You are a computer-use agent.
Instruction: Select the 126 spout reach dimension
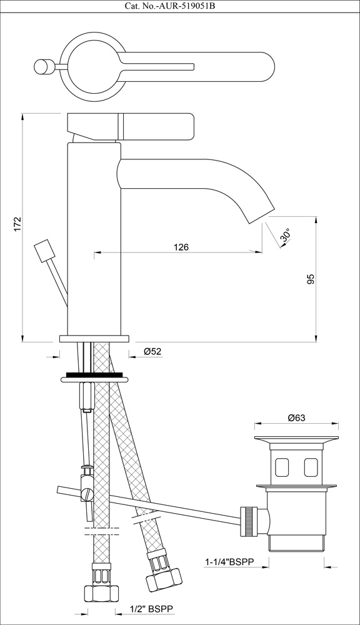[x=181, y=247]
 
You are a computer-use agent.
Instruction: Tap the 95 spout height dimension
[x=311, y=279]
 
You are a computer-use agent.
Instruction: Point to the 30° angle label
[x=286, y=235]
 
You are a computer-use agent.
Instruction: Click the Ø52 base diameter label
[x=152, y=351]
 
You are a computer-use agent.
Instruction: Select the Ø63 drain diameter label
[x=296, y=417]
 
